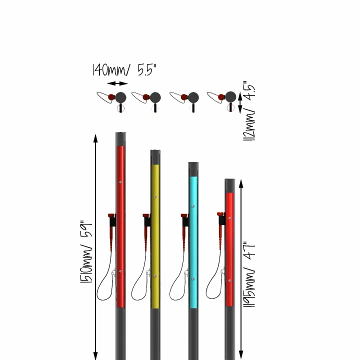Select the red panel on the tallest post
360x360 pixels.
(120, 225)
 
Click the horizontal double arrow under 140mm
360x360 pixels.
(117, 83)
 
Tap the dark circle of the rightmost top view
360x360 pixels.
(230, 96)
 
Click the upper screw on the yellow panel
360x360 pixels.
(156, 197)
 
